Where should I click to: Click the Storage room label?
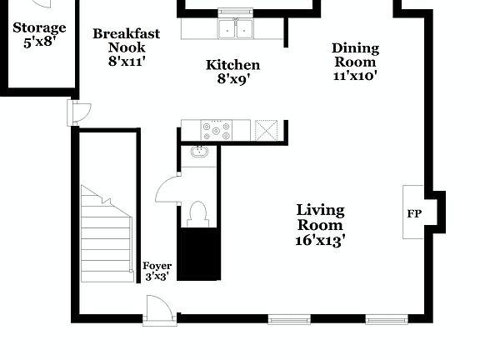click(x=39, y=28)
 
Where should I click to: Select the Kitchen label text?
click(x=232, y=65)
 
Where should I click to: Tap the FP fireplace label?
click(x=414, y=213)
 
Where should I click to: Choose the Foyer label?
click(x=157, y=266)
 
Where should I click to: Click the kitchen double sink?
click(x=236, y=29)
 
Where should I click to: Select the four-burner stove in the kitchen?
click(x=217, y=130)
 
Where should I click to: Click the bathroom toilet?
click(x=198, y=213)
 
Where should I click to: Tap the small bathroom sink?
click(x=199, y=152)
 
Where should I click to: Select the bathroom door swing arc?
click(x=168, y=189)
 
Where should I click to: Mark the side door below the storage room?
click(x=79, y=112)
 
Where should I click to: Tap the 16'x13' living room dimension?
click(x=321, y=240)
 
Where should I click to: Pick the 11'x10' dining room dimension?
click(x=355, y=75)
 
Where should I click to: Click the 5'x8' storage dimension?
click(x=39, y=42)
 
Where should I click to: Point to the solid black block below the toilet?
click(x=200, y=254)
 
